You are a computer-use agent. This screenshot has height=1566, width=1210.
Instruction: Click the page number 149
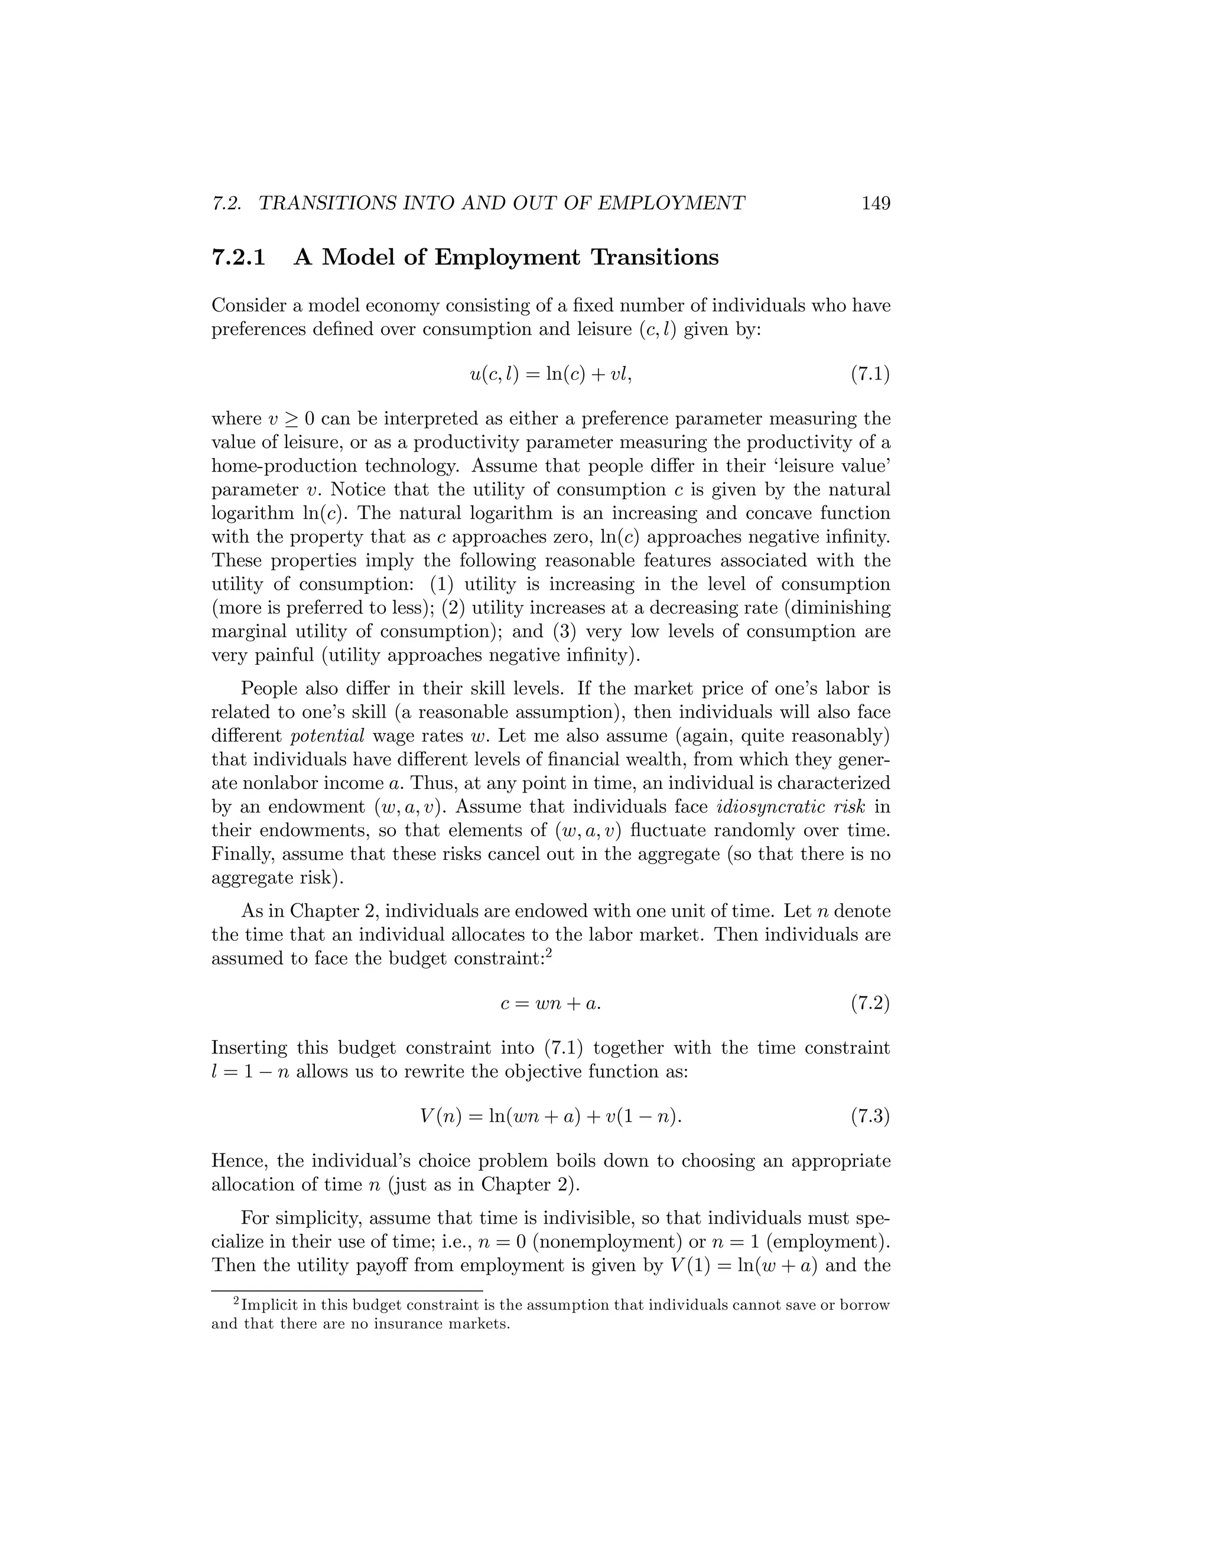875,204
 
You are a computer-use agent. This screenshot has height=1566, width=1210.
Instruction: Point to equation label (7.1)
870,374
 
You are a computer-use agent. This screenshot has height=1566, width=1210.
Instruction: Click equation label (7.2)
870,1004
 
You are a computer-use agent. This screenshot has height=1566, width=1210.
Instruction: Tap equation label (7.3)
870,1116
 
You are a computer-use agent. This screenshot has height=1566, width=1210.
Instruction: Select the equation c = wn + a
550,1004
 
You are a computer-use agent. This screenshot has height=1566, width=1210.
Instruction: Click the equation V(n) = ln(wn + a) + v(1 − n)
550,1116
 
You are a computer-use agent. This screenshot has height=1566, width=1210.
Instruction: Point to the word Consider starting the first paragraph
249,306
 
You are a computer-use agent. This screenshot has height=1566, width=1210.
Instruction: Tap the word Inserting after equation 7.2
248,1048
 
